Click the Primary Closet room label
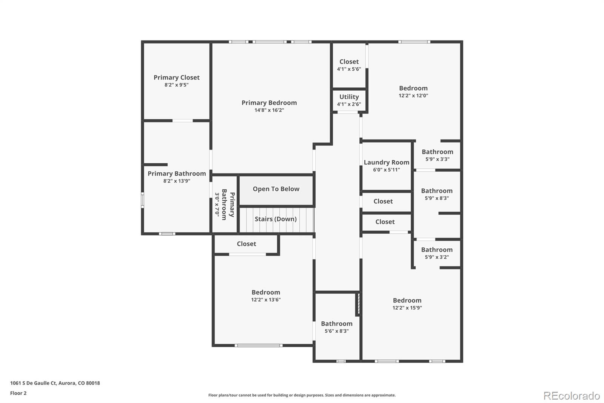click(x=176, y=77)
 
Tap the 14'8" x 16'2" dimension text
click(x=269, y=110)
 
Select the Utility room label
click(x=349, y=97)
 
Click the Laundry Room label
click(x=386, y=162)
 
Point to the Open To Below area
click(x=276, y=189)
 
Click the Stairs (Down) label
click(x=276, y=219)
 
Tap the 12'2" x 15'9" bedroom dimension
click(x=407, y=308)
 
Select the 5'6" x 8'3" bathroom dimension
click(x=336, y=331)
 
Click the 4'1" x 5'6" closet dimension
click(x=349, y=69)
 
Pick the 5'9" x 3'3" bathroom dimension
click(x=437, y=159)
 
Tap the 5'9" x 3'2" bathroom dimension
click(x=436, y=257)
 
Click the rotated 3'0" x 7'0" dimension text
click(x=217, y=204)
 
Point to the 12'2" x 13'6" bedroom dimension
click(x=266, y=300)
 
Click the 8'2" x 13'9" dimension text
click(x=176, y=181)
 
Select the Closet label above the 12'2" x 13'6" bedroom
click(x=246, y=244)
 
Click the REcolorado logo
click(x=571, y=396)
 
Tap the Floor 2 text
click(x=18, y=393)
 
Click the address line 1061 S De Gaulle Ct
click(x=55, y=383)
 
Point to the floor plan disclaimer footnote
click(x=302, y=395)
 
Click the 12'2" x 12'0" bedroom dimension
click(x=413, y=96)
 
